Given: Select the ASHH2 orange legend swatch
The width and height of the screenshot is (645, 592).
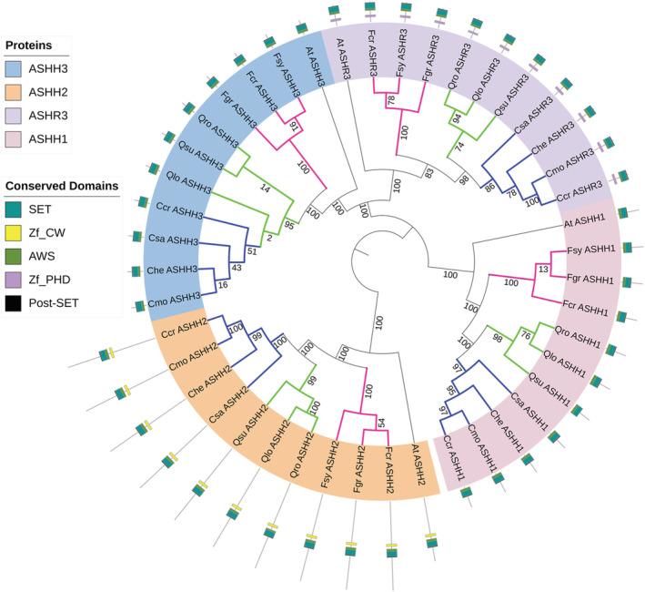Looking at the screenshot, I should click(16, 92).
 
